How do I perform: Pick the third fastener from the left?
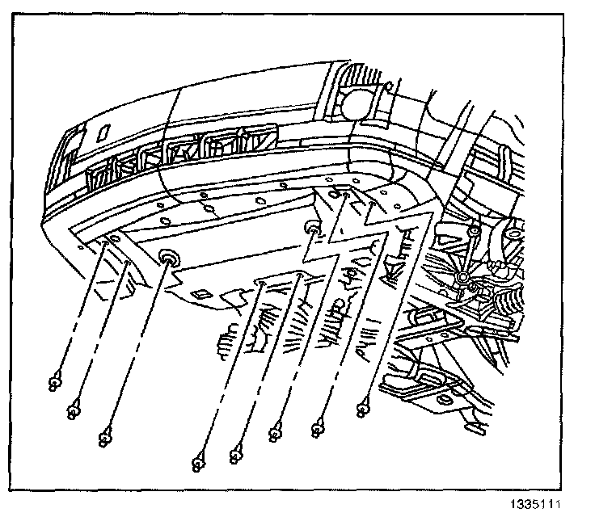click(x=103, y=439)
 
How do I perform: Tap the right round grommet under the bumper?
click(x=313, y=233)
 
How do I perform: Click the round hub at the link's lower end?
click(x=462, y=280)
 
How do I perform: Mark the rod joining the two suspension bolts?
click(x=467, y=256)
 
